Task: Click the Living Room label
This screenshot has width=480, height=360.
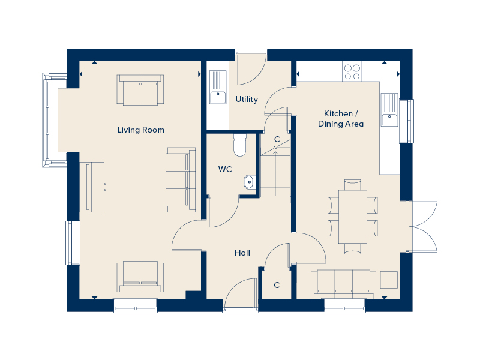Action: [x=140, y=130]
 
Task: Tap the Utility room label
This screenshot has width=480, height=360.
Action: [x=247, y=99]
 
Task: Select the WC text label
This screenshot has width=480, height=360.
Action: [x=225, y=169]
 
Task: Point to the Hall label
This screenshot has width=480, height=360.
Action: [x=242, y=253]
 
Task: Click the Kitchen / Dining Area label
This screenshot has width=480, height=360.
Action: [x=341, y=119]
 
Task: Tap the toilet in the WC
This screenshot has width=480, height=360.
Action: [x=239, y=145]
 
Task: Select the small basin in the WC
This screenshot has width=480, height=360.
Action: [x=250, y=182]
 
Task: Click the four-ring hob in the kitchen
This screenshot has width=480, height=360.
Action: [x=352, y=71]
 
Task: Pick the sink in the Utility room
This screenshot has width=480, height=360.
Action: [x=218, y=87]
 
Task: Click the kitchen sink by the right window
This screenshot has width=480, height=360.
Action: [x=389, y=110]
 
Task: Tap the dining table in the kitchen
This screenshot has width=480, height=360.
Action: [x=353, y=217]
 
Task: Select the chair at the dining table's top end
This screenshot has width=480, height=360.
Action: [x=353, y=185]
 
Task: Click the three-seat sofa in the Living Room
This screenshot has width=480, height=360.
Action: [x=181, y=180]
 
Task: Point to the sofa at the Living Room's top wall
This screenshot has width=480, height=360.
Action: [x=140, y=89]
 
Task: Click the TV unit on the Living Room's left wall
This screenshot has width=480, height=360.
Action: [x=92, y=187]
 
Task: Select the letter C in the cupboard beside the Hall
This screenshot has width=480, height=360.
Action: [x=277, y=285]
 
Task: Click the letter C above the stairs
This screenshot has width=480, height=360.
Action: [x=277, y=139]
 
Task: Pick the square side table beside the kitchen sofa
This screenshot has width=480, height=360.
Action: [x=389, y=280]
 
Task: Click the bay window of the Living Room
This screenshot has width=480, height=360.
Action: [x=50, y=120]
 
